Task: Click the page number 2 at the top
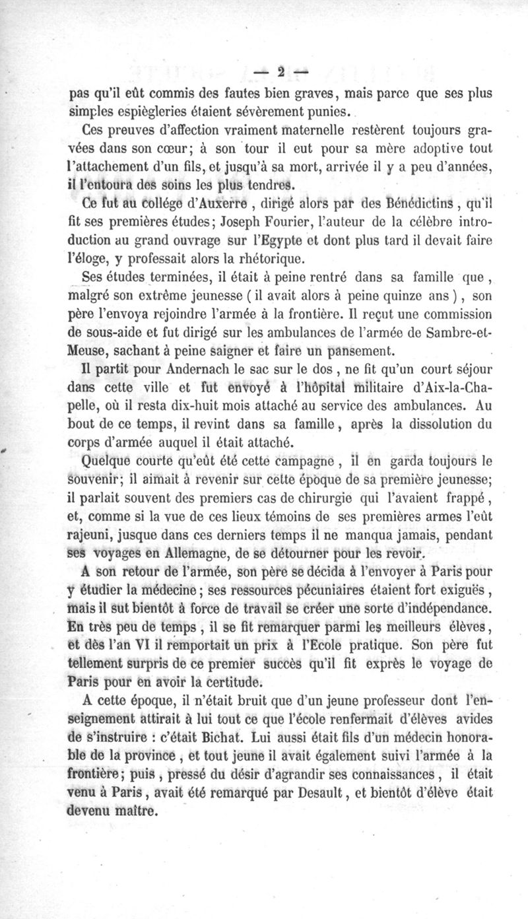(x=282, y=71)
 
